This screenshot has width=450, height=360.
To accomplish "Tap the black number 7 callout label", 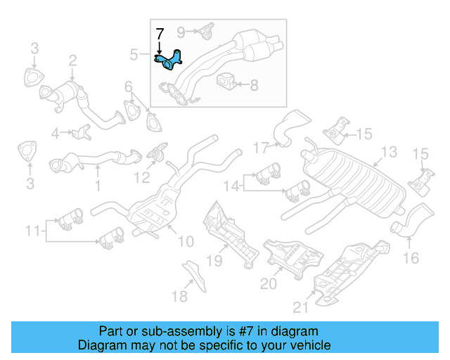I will [x=160, y=33].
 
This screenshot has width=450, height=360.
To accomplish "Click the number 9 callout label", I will [x=181, y=32].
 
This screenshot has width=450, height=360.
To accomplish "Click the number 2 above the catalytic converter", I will [x=72, y=63].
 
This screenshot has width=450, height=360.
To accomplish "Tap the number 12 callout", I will [x=142, y=178].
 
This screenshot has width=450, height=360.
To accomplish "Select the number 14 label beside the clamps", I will [x=231, y=186].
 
